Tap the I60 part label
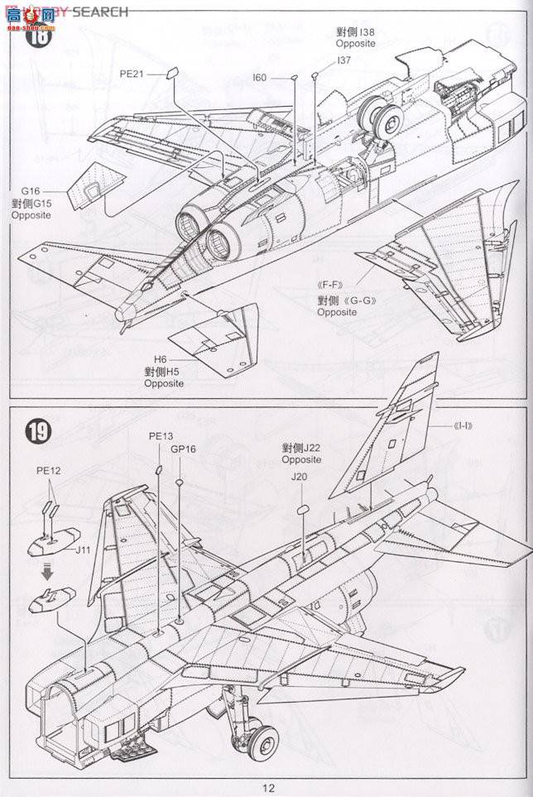click(260, 78)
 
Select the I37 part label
click(343, 61)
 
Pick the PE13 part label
click(161, 435)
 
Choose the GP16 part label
click(183, 449)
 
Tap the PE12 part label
click(47, 469)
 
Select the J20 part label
click(299, 477)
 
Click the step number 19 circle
click(38, 431)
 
